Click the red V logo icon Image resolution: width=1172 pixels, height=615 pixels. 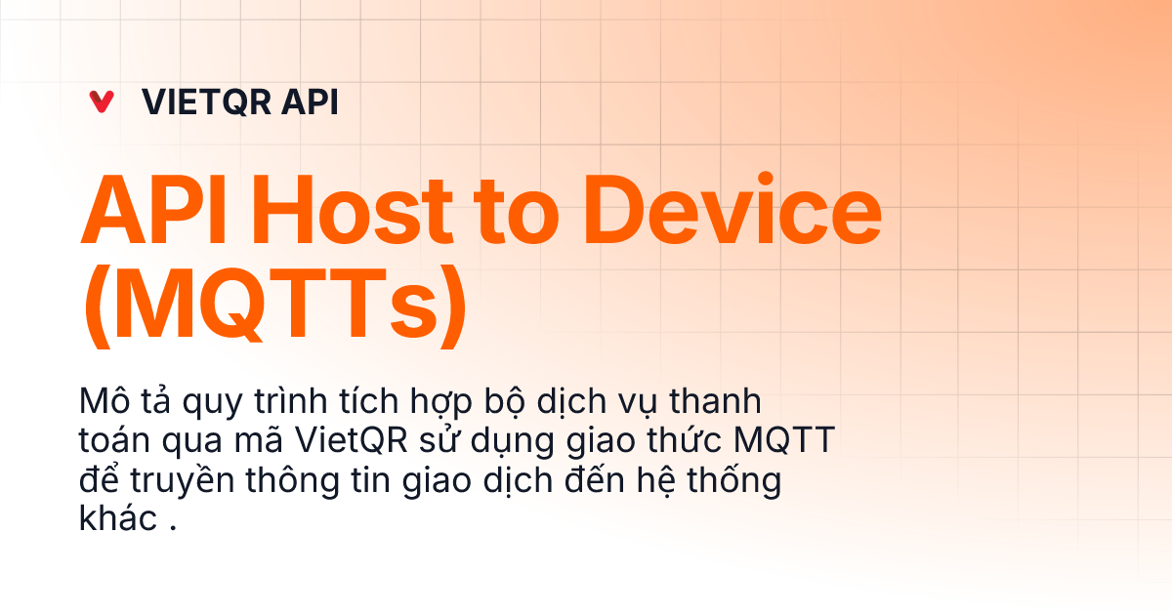(101, 102)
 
